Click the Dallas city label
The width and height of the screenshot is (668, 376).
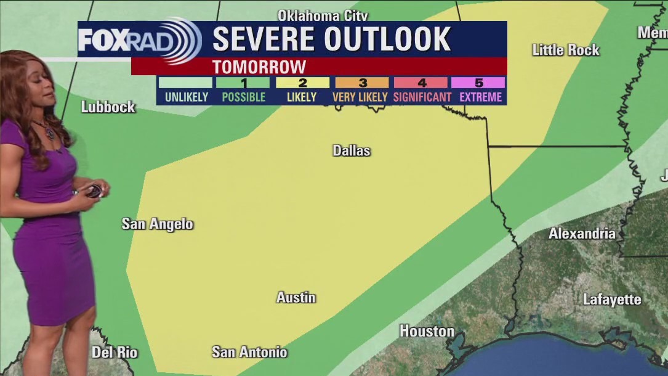point(352,150)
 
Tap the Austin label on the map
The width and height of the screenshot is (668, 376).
point(296,297)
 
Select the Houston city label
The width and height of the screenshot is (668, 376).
point(427,331)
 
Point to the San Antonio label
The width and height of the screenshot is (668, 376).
point(249,352)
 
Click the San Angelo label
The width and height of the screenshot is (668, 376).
point(158,224)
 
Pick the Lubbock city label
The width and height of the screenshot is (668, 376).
point(108,107)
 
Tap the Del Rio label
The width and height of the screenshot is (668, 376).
point(115,353)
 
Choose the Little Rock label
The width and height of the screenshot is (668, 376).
point(565,50)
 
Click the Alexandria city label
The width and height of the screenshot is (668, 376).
point(582,234)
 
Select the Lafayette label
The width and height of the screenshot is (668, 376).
point(612,300)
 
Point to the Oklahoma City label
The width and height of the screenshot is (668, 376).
point(323,15)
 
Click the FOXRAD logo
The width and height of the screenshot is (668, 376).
point(139,40)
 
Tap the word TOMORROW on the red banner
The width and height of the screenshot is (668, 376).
point(259,67)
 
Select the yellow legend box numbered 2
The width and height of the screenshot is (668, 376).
point(302,83)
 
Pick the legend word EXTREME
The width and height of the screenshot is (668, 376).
point(478,97)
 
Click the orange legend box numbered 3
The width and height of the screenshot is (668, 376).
point(362,83)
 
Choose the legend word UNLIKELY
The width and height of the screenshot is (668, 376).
point(186,97)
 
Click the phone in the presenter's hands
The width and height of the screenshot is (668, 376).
point(94,190)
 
